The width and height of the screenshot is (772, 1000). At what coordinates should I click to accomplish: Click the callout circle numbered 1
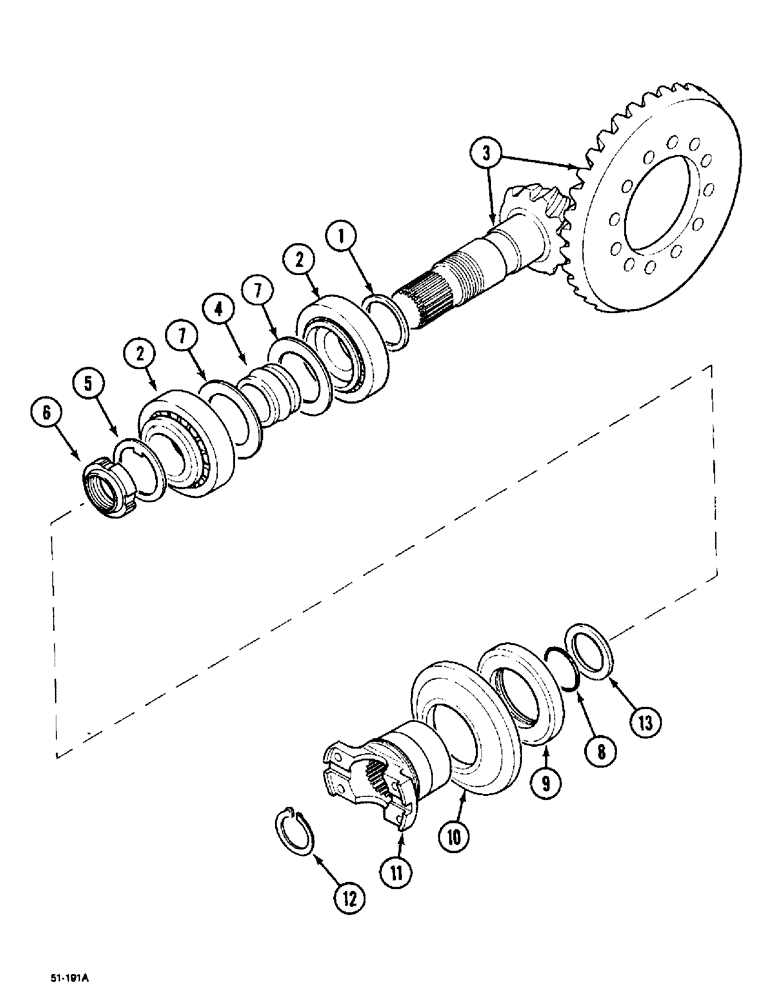341,238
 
